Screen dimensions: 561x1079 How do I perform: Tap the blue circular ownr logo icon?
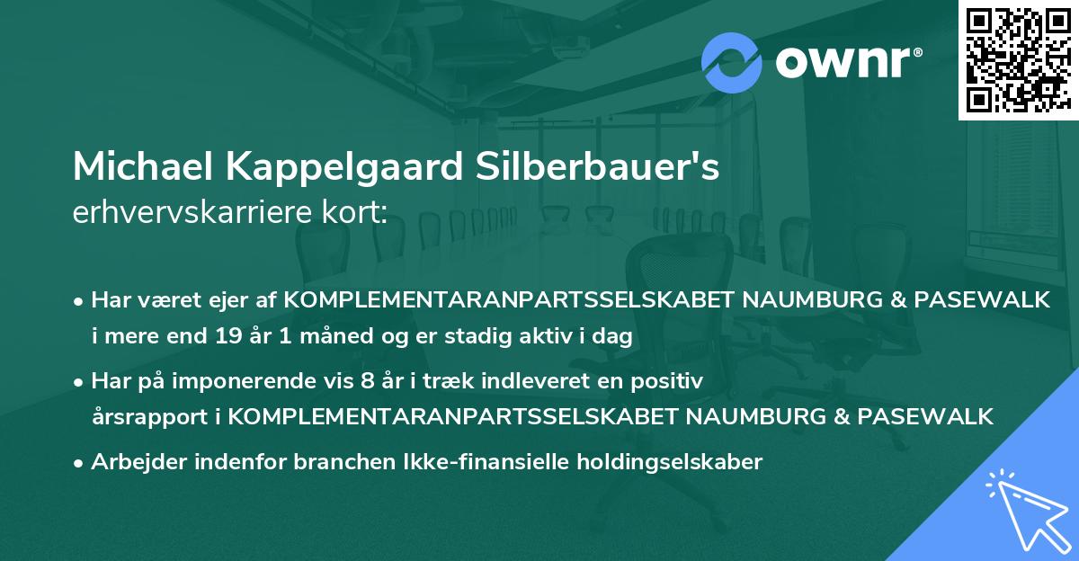731,62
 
